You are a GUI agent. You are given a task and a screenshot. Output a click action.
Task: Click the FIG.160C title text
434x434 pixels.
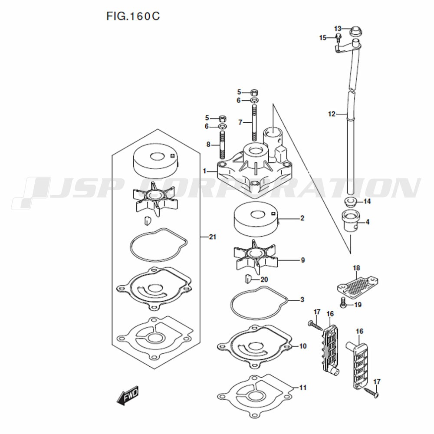point(133,16)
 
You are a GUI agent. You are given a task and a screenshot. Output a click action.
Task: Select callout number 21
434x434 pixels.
point(212,237)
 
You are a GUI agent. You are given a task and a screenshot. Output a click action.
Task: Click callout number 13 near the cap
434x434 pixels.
point(338,29)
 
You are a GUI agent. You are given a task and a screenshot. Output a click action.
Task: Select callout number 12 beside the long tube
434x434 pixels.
point(332,114)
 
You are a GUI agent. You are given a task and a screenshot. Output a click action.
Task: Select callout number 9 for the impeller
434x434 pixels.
point(303,260)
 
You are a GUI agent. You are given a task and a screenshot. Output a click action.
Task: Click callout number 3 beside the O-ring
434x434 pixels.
point(302,299)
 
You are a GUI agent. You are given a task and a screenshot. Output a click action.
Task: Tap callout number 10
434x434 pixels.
point(303,346)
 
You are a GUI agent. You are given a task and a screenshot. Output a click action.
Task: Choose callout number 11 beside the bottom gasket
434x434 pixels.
point(303,388)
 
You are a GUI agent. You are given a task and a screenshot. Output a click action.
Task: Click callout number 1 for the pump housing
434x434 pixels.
point(204,171)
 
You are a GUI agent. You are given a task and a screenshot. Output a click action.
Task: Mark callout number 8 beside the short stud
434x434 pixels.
point(208,145)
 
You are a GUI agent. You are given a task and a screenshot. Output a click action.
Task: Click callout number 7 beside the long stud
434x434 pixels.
point(240,122)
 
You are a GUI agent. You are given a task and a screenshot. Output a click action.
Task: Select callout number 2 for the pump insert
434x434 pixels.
point(302,218)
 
